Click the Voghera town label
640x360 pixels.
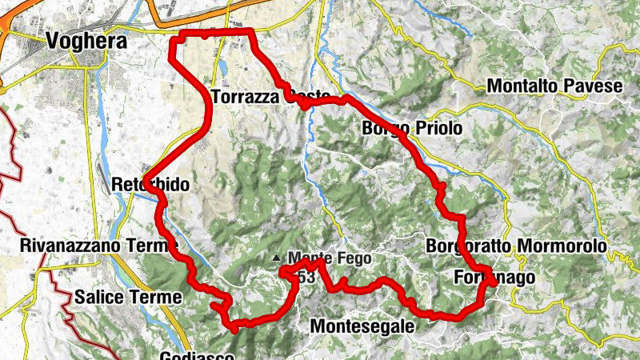point(87,41)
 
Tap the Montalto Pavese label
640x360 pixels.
point(554,86)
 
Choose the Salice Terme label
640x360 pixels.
point(128,297)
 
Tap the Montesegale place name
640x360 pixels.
point(362,326)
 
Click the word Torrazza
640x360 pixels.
point(243,97)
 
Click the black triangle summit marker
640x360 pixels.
point(277,258)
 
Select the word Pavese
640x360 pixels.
point(595,86)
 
